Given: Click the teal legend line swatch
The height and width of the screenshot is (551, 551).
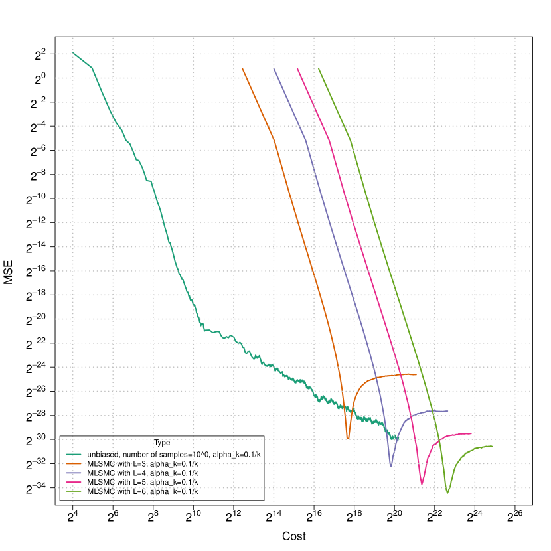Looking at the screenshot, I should (x=74, y=454).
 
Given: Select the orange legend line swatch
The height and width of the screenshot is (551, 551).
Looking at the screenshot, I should (x=74, y=463).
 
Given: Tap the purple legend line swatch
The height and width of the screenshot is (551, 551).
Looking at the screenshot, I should (x=74, y=473).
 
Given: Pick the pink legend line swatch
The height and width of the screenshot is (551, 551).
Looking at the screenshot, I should (x=74, y=482).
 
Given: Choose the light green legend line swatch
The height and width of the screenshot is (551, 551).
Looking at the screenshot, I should (x=74, y=491).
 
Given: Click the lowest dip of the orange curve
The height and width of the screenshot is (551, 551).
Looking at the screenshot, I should (x=348, y=439).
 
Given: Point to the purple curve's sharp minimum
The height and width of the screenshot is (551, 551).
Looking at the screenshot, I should (x=391, y=466).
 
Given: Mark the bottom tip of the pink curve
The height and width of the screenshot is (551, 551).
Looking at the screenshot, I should (x=422, y=485).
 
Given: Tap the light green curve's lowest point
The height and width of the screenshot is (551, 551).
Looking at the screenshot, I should (x=447, y=493).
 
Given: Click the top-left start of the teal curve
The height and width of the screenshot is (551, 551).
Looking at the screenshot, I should (x=72, y=52).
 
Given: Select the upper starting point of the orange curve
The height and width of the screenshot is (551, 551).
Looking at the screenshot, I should (x=242, y=68).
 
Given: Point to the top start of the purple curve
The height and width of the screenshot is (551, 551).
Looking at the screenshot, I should (x=274, y=68).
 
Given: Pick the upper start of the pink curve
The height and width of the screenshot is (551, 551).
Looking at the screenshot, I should (x=297, y=68).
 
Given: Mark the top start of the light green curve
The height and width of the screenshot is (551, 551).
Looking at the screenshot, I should (x=319, y=68).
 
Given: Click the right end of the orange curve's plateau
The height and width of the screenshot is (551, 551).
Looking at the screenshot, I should (x=416, y=375).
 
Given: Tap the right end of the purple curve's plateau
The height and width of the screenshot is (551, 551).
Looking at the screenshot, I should (x=448, y=411).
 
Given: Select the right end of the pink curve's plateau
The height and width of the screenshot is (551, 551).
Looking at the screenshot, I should (x=471, y=433).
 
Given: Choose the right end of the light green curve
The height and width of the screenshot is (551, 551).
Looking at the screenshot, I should (x=493, y=446).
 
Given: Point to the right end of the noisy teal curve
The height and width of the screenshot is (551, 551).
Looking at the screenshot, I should (x=398, y=439).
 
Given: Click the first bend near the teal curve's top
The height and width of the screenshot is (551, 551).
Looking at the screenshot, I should (x=92, y=68).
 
